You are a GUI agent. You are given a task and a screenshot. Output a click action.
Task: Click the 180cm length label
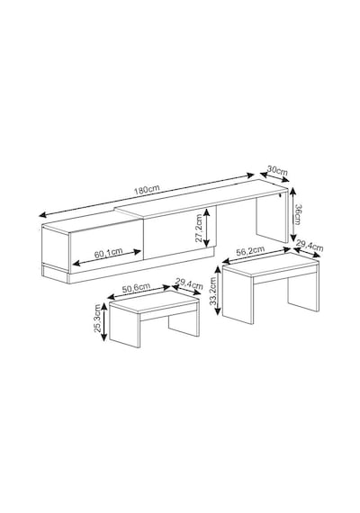pyautogui.click(x=147, y=189)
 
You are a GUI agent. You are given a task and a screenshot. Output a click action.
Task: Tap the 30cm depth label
pyautogui.click(x=277, y=170)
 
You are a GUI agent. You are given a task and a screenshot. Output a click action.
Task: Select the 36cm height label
pyautogui.click(x=297, y=214)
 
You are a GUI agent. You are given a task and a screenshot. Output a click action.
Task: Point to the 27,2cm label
pyautogui.click(x=199, y=228)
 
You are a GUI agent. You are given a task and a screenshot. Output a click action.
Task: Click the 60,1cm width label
pyautogui.click(x=108, y=253)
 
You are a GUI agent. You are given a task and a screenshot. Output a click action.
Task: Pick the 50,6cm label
pyautogui.click(x=136, y=288)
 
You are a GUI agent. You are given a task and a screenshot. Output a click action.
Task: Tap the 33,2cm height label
pyautogui.click(x=213, y=292)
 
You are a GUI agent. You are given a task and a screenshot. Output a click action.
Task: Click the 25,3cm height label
pyautogui.click(x=97, y=318)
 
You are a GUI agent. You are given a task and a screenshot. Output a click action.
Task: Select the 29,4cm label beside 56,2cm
pyautogui.click(x=310, y=245)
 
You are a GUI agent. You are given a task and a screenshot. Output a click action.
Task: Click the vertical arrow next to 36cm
pyautogui.click(x=292, y=214)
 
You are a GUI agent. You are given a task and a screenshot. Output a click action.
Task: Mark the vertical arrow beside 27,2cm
pyautogui.click(x=206, y=228)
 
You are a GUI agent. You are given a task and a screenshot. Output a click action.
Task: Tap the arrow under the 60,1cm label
pyautogui.click(x=107, y=257)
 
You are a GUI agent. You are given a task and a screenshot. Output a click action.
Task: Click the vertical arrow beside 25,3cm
pyautogui.click(x=104, y=321)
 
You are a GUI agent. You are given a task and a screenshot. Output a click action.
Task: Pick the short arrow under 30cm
pyautogui.click(x=274, y=176)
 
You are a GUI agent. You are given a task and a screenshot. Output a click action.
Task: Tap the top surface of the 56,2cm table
pyautogui.click(x=270, y=265)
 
